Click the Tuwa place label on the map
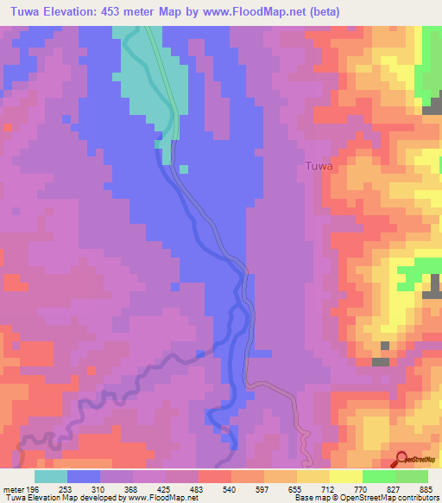319,166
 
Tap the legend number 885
426,489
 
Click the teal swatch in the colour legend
51,476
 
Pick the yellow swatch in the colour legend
346,476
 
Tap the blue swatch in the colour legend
84,476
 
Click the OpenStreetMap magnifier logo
400,460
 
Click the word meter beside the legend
13,489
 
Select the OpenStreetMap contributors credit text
388,498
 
